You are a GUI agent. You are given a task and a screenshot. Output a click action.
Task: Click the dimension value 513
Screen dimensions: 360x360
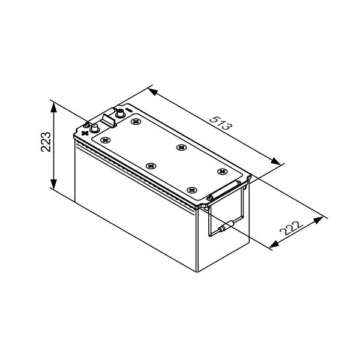pos(221,123)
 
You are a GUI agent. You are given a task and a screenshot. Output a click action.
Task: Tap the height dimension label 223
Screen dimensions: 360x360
pos(46,142)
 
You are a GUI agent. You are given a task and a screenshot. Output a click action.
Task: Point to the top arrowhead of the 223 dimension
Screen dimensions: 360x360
pos(53,107)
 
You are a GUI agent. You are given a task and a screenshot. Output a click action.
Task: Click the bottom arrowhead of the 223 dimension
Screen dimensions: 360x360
pos(53,184)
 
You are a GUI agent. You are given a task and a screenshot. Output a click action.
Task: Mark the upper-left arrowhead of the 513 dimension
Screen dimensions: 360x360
pos(153,92)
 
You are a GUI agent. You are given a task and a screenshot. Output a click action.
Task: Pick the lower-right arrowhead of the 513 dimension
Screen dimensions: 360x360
pos(275,161)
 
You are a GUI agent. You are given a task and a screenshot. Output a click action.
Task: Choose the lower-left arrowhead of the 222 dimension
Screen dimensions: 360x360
pos(274,244)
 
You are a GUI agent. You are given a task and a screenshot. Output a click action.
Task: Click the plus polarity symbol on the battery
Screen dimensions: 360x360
pos(85,133)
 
